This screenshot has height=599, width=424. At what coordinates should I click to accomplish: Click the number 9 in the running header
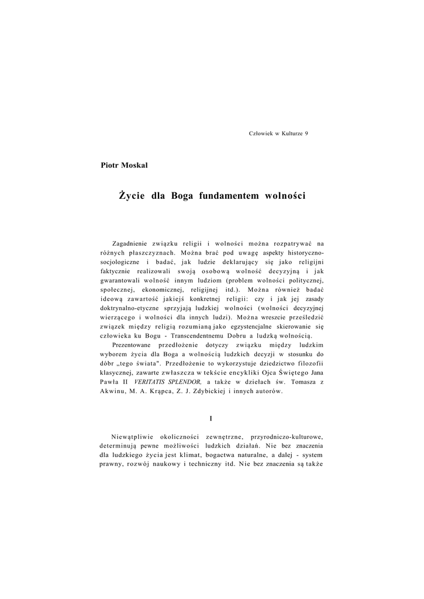[306, 133]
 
